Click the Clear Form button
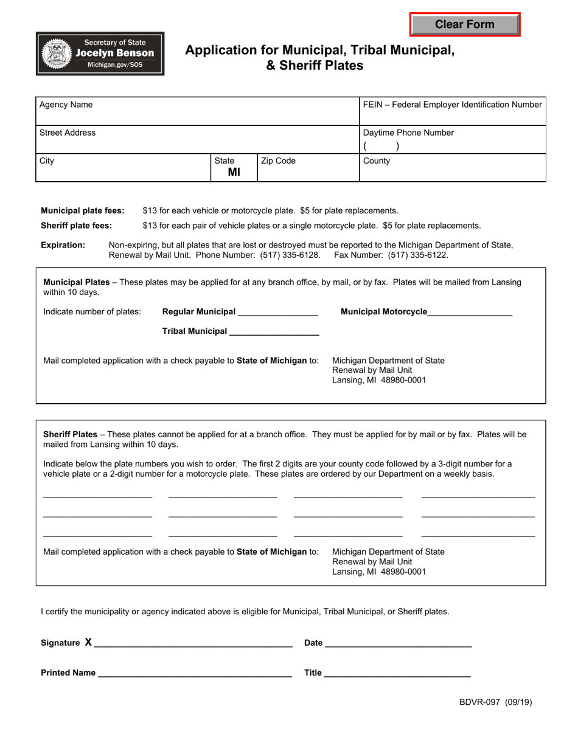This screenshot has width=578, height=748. coord(465,24)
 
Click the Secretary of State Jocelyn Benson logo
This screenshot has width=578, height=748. coord(100,54)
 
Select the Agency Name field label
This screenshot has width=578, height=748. coord(66,105)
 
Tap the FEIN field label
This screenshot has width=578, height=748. coord(452,105)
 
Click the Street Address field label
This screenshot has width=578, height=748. coord(68,133)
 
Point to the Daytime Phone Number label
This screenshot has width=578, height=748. coord(408,133)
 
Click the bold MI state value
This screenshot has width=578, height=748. coord(234,172)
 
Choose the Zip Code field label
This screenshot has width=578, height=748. coord(278,161)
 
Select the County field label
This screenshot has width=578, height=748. coord(377,161)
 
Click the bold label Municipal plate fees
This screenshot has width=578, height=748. coord(83,210)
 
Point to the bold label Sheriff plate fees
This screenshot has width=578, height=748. coord(77,226)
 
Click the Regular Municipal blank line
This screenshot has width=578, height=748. coord(278,314)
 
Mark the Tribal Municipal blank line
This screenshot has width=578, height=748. coord(274,333)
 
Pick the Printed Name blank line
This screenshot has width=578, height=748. coord(195,674)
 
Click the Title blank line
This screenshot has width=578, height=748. coord(397,674)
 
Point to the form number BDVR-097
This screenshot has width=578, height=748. coord(480,702)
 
